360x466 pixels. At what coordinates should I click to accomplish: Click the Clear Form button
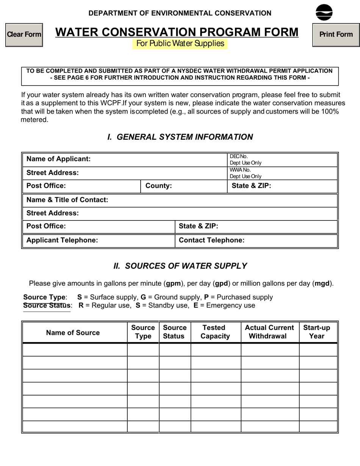pyautogui.click(x=24, y=34)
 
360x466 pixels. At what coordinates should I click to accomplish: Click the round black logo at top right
pyautogui.click(x=324, y=13)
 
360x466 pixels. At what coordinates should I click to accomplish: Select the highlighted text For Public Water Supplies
pyautogui.click(x=180, y=44)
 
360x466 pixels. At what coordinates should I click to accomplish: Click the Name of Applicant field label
pyautogui.click(x=58, y=159)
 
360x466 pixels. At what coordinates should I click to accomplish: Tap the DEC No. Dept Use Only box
pyautogui.click(x=282, y=160)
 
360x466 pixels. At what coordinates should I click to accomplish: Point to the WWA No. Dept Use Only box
pyautogui.click(x=282, y=173)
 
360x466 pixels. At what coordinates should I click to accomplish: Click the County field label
pyautogui.click(x=158, y=186)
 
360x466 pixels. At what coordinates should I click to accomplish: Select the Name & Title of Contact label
pyautogui.click(x=67, y=200)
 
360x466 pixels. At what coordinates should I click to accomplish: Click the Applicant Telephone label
pyautogui.click(x=62, y=240)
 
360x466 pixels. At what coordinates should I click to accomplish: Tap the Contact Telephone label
pyautogui.click(x=211, y=240)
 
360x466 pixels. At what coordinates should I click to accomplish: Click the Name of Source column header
pyautogui.click(x=73, y=333)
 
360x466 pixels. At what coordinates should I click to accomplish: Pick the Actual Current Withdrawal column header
pyautogui.click(x=269, y=332)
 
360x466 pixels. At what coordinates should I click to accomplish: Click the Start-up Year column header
pyautogui.click(x=317, y=332)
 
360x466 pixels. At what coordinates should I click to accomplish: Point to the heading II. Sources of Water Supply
pyautogui.click(x=180, y=266)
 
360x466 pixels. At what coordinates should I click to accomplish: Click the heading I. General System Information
pyautogui.click(x=180, y=137)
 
